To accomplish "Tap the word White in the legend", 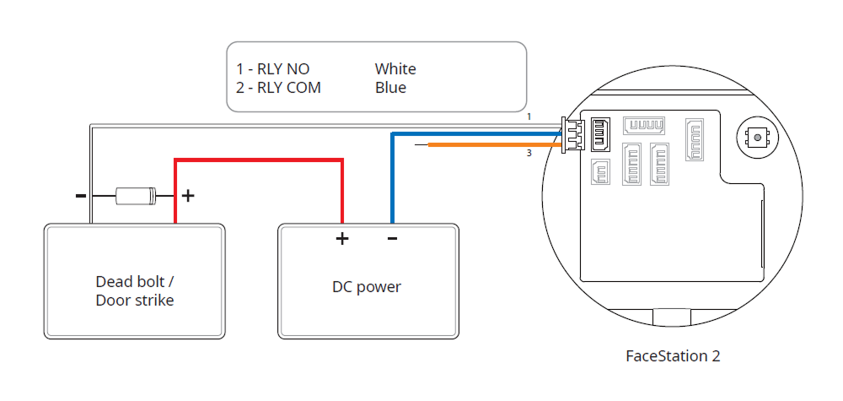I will (x=395, y=69).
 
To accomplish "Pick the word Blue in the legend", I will (x=390, y=88).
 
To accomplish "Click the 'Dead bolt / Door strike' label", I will (x=135, y=290).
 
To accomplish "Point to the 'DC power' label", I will (x=367, y=287).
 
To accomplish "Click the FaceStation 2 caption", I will (x=673, y=355).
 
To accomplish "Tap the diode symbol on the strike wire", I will (x=135, y=197).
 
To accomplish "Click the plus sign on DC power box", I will (x=342, y=239).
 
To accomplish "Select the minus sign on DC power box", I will (x=392, y=239).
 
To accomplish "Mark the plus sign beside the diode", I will (x=188, y=197).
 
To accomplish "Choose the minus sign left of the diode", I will (x=81, y=196).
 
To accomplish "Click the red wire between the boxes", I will (x=258, y=159).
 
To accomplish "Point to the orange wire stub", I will (x=493, y=145).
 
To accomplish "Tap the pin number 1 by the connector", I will (x=529, y=116).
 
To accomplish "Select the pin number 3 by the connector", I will (x=529, y=153).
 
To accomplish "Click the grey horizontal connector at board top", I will (x=644, y=126).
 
